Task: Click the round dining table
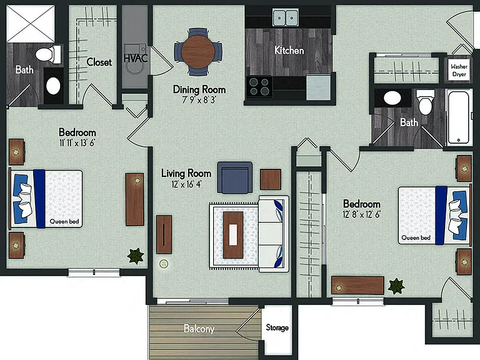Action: click(197, 52)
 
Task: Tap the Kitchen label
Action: click(289, 50)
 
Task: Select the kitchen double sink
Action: click(285, 17)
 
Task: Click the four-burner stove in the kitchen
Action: click(259, 87)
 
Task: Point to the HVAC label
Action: click(136, 58)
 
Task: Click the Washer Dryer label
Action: click(459, 70)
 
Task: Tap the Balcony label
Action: click(199, 329)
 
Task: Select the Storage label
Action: click(277, 327)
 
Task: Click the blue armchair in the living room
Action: click(235, 177)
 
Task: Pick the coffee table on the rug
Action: click(233, 235)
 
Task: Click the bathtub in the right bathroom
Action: click(458, 117)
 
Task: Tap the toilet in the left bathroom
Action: click(49, 54)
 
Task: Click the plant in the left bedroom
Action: click(135, 256)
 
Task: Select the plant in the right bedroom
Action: click(396, 286)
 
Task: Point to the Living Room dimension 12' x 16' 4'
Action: click(186, 184)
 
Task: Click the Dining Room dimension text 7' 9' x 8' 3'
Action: click(199, 100)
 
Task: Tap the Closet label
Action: click(99, 62)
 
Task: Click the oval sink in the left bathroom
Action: click(53, 86)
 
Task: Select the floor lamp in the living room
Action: click(164, 264)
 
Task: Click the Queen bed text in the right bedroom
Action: click(416, 237)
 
